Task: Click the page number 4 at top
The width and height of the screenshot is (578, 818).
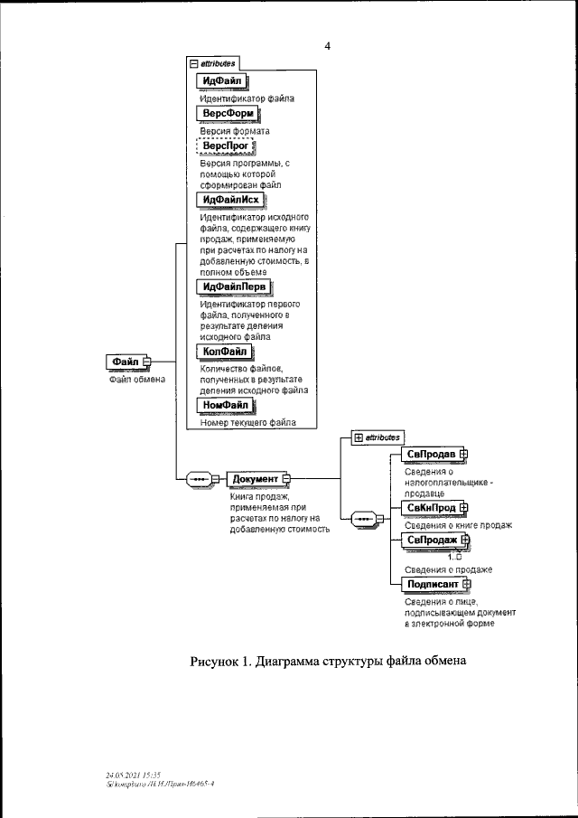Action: click(328, 46)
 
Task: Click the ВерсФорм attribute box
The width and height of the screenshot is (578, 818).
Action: click(228, 113)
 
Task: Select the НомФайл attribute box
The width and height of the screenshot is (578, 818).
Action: click(226, 406)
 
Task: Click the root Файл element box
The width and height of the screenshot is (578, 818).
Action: click(125, 362)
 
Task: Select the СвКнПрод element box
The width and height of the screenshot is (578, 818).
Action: click(431, 509)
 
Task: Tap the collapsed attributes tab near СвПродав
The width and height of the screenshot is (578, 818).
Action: click(377, 437)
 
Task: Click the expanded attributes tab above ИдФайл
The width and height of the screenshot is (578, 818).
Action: click(213, 63)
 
